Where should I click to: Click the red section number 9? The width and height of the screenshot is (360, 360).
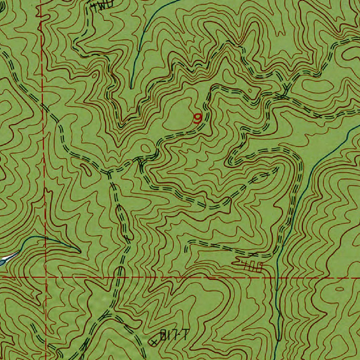(x=198, y=118)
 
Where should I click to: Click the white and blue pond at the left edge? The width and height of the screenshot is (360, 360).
(x=6, y=259)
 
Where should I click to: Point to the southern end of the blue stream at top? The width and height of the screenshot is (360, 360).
(x=131, y=88)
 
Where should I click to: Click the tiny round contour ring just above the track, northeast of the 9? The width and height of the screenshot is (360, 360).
(x=250, y=91)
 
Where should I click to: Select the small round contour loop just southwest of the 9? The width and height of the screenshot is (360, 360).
(x=145, y=148)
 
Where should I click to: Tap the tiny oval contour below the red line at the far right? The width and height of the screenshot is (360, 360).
(x=340, y=289)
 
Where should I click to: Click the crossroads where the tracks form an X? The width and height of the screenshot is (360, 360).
(x=281, y=95)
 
